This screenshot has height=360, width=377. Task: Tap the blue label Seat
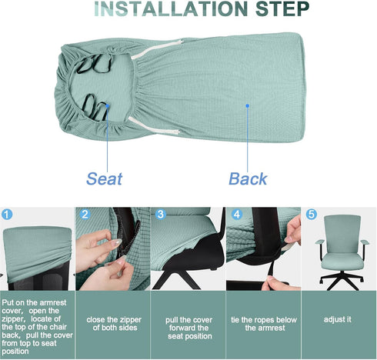point(105,179)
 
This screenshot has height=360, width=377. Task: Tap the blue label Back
point(249,179)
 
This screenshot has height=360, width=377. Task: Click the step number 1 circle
point(8,215)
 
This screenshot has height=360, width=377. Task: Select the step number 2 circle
point(85,215)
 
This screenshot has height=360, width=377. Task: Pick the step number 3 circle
point(160,215)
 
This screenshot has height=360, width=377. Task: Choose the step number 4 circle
point(236,215)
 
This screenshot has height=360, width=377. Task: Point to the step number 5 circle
point(312,215)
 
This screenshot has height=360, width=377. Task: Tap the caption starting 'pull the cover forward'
point(188,326)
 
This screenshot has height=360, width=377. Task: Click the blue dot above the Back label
point(247,107)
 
